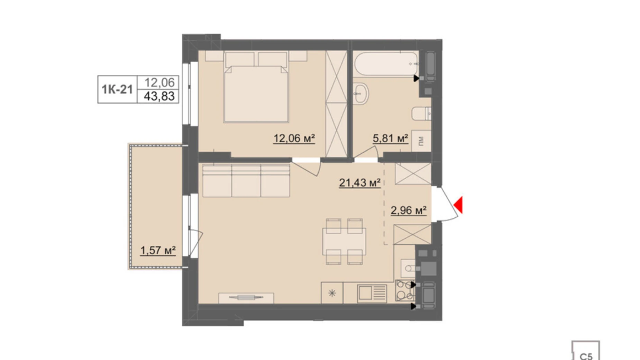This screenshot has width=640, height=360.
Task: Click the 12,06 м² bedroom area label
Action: pos(294,138)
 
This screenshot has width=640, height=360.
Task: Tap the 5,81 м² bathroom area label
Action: pos(390,138)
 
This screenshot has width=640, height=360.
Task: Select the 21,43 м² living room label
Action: pos(359,182)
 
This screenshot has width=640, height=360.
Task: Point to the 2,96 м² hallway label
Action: pos(408,210)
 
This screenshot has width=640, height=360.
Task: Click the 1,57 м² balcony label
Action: pos(158,250)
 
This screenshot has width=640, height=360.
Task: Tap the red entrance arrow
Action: pos(459,205)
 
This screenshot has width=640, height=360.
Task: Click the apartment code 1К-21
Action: pos(117,89)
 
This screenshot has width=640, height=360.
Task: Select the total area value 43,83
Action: pos(159,96)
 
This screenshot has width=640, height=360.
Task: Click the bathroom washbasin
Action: pos(361,93)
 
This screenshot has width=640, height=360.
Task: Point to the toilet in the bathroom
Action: pos(421,114)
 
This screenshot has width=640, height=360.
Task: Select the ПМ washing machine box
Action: pos(421,141)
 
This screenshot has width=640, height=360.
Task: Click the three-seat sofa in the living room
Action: pos(246,181)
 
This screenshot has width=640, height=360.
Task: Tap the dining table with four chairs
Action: pos(344,241)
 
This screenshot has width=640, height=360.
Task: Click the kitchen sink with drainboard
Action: pos(372,294)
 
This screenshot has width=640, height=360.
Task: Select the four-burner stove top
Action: pos(405,290)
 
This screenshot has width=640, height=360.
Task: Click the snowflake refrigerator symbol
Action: pos(332,294)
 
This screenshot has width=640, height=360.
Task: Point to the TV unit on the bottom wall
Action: pos(246,297)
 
